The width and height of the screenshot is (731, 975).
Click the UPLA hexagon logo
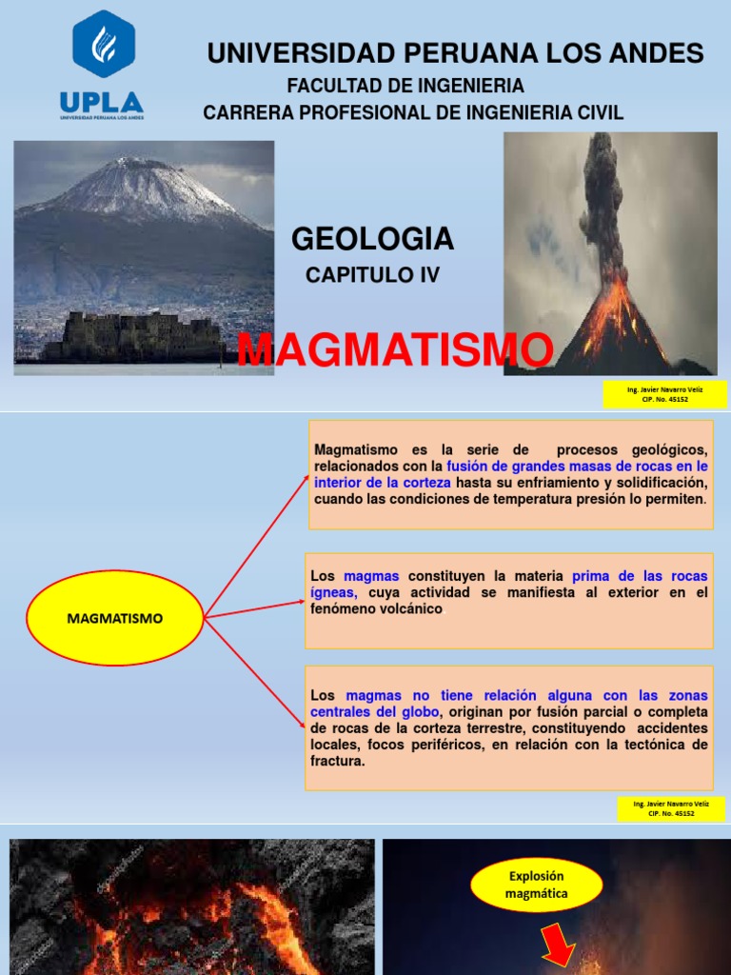click(103, 44)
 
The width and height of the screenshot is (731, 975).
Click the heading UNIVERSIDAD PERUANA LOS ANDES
click(455, 53)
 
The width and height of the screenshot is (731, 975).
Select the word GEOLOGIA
click(372, 239)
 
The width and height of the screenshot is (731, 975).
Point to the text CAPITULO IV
click(372, 275)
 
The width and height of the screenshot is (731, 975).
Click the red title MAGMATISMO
click(395, 350)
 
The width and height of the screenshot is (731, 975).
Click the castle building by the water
click(133, 337)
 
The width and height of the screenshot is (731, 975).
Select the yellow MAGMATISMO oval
click(115, 618)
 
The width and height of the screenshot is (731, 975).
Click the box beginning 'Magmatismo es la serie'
click(510, 474)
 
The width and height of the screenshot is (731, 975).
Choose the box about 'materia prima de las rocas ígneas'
click(509, 600)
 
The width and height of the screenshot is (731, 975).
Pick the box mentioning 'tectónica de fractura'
click(509, 727)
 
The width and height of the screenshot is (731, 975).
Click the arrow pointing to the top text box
click(257, 543)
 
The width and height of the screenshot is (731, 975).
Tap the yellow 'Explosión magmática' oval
click(537, 885)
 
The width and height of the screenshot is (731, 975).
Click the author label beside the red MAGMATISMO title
click(664, 394)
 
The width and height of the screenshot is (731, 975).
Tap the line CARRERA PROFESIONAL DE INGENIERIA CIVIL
click(413, 112)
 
